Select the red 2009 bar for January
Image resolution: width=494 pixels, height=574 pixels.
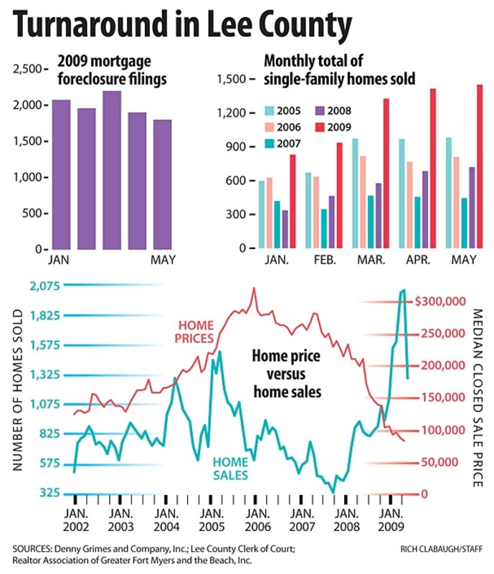293,202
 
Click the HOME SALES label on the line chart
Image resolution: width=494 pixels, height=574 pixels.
231,469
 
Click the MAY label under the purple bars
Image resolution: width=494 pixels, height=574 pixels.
162,260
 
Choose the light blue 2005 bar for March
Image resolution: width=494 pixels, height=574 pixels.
354,194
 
